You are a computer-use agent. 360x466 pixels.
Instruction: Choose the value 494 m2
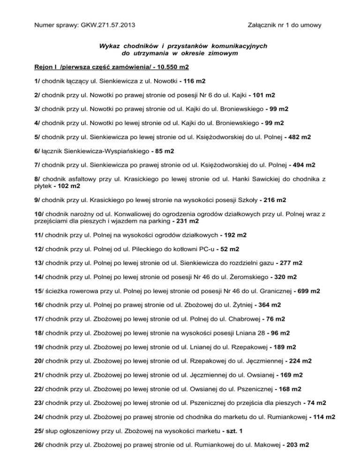click(x=299, y=166)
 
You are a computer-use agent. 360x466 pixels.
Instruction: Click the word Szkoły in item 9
click(x=243, y=201)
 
